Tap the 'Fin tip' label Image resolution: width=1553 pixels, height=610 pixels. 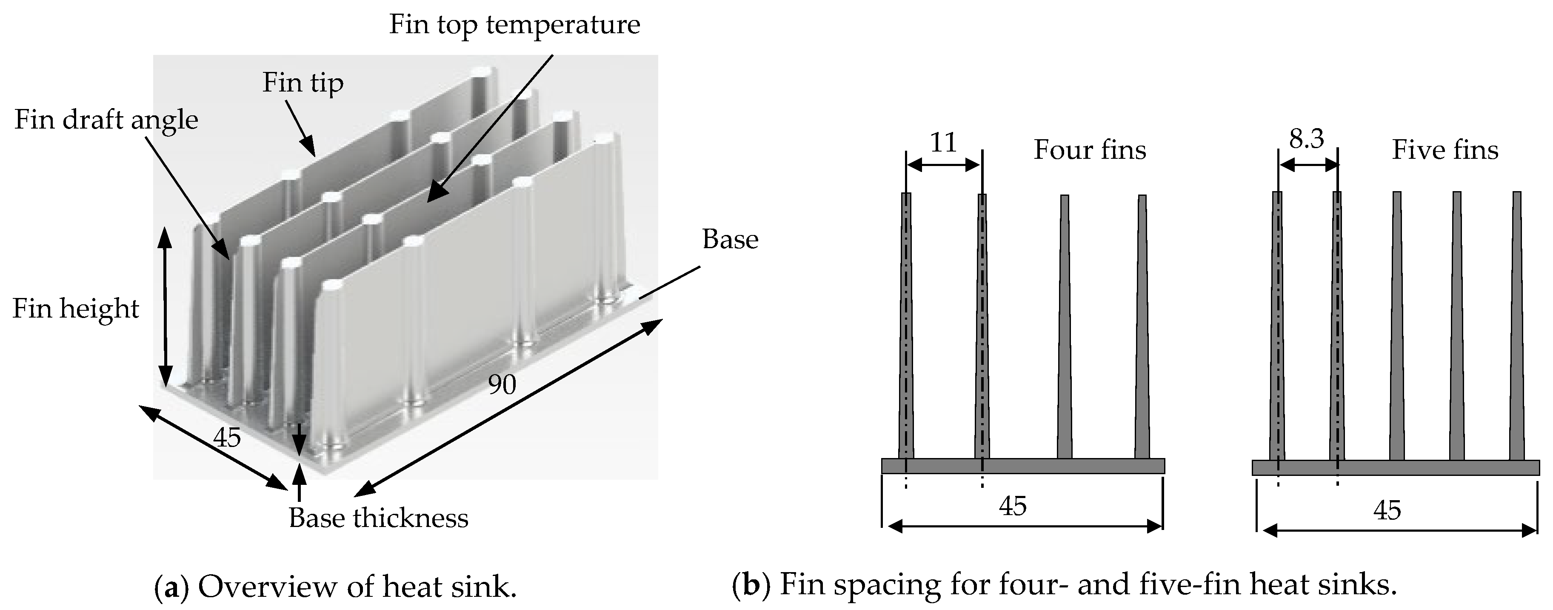[x=303, y=83]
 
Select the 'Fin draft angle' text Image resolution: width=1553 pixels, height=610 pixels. [x=106, y=120]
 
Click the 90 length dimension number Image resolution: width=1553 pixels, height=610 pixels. [x=502, y=384]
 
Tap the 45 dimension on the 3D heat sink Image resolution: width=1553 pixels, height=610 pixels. [x=227, y=438]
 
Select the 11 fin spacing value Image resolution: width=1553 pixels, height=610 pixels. [x=943, y=143]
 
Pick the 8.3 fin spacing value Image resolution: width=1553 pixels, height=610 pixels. [x=1306, y=139]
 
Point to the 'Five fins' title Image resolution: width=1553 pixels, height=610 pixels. [x=1445, y=150]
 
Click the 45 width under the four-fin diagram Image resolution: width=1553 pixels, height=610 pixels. [x=1012, y=506]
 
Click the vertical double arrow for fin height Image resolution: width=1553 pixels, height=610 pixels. [x=165, y=308]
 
